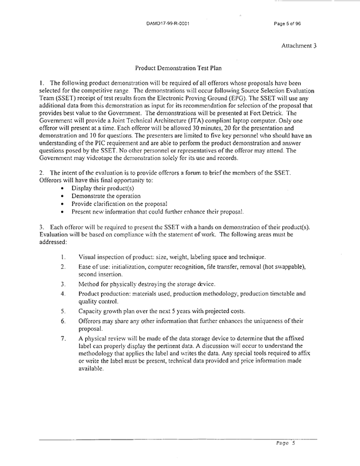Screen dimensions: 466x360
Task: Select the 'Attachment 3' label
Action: point(299,45)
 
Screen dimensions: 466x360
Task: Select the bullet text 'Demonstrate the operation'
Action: point(106,195)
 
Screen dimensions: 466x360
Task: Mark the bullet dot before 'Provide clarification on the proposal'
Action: point(64,203)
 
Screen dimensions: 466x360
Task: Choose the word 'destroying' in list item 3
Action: point(158,284)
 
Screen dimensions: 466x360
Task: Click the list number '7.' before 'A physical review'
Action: point(63,338)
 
